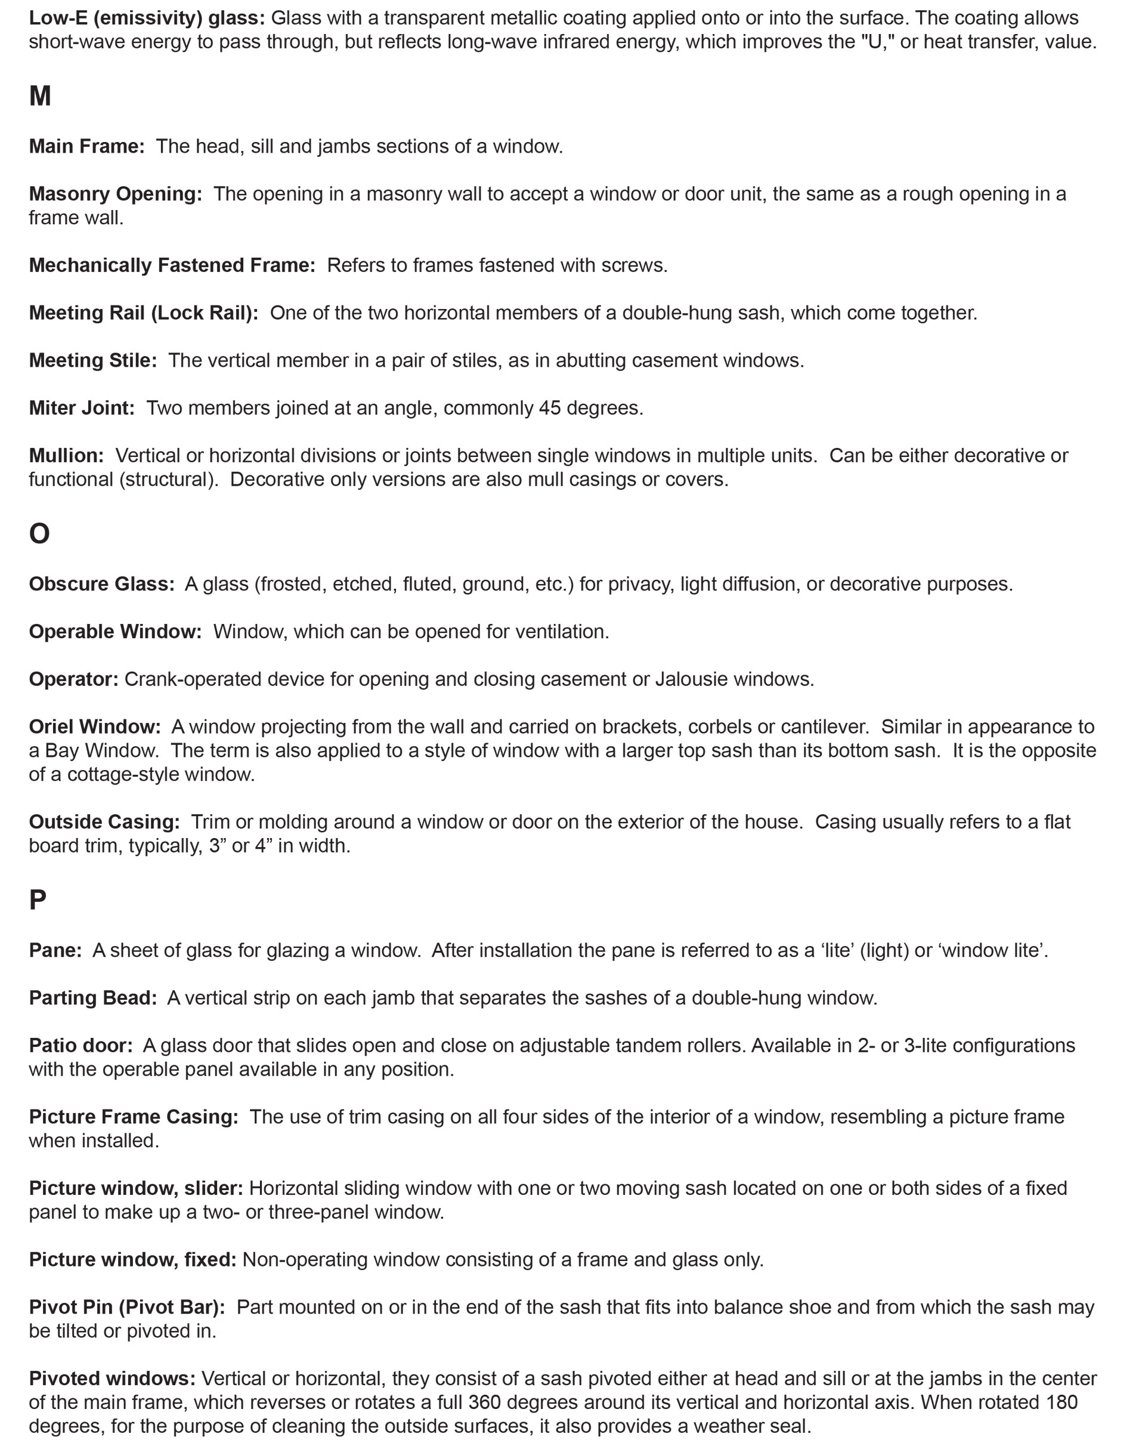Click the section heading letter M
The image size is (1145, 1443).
point(40,97)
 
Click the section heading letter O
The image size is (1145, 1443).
point(39,534)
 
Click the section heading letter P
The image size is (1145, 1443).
point(38,900)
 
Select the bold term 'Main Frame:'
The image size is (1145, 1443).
point(86,147)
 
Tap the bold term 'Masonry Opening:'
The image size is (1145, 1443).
point(115,194)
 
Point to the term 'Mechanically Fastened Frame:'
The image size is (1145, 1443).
point(172,265)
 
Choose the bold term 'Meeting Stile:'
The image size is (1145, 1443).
point(92,361)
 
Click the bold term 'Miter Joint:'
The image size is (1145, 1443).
point(82,408)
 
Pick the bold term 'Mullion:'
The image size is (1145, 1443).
point(66,456)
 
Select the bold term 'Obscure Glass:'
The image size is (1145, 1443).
point(101,584)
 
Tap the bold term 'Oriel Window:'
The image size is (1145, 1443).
point(94,727)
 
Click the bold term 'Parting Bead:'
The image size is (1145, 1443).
point(92,998)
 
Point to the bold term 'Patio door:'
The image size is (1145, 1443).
point(81,1046)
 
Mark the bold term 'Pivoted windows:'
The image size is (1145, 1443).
point(112,1379)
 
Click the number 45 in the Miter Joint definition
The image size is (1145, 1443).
point(550,408)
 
